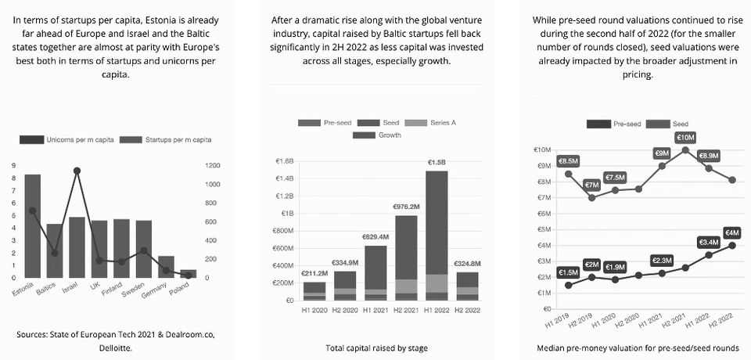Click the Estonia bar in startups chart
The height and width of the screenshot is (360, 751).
33,227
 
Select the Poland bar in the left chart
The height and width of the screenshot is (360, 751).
189,274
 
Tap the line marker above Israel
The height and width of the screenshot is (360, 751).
77,171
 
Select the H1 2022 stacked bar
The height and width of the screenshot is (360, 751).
437,235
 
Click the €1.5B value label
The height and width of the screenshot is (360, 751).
437,162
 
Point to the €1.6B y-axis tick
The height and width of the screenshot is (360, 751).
284,162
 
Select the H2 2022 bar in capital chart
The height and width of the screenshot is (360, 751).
468,286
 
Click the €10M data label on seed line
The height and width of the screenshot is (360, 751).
685,137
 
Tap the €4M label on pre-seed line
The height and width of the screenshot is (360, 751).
732,232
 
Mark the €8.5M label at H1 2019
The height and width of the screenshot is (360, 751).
568,160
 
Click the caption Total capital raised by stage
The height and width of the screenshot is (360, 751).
376,347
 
